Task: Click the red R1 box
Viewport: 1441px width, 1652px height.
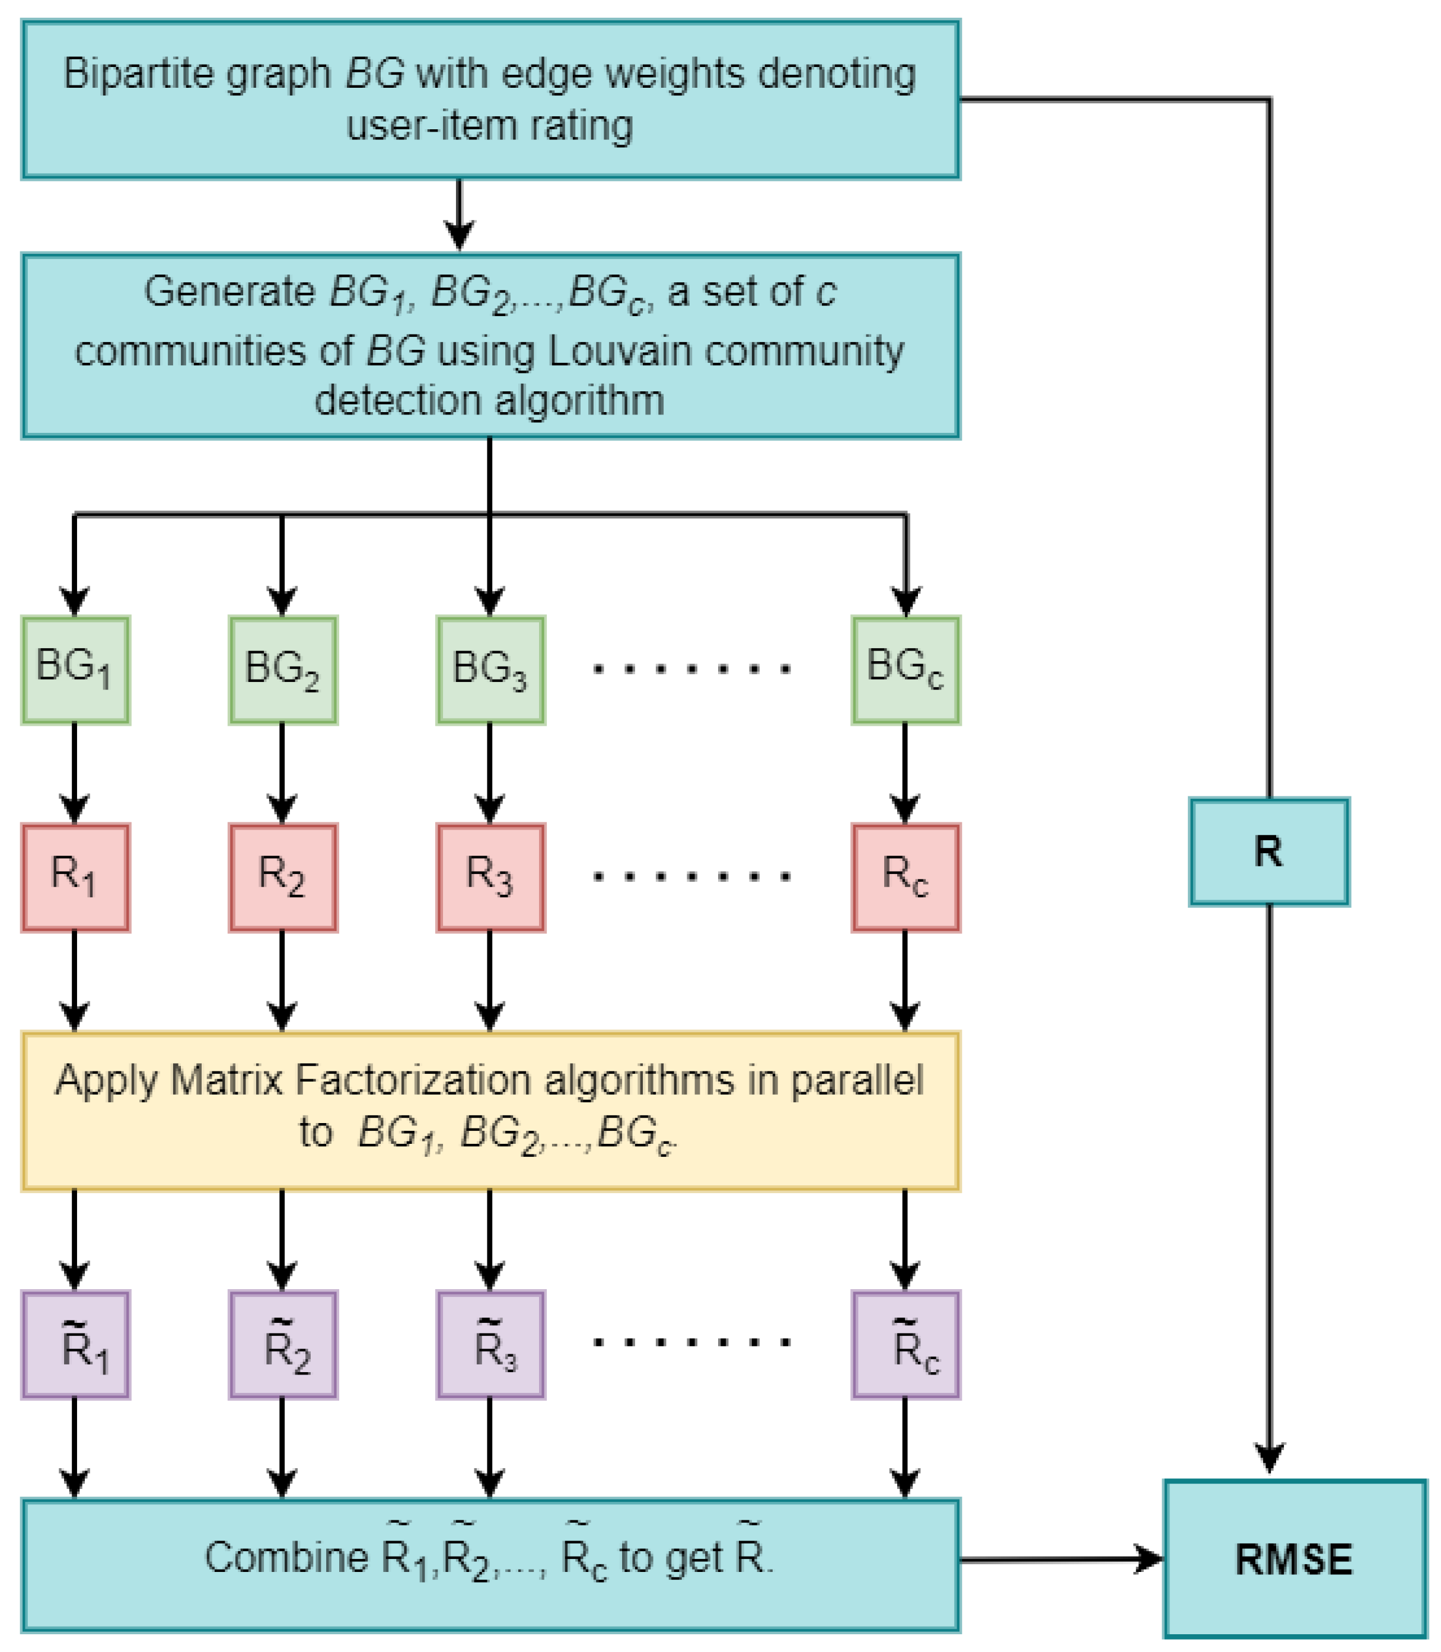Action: coord(75,877)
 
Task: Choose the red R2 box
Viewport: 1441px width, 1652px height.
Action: coord(282,877)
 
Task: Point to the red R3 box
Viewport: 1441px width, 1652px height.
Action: coord(490,877)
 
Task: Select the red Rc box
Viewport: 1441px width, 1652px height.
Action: coord(906,877)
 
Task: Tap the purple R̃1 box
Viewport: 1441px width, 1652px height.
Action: coord(75,1345)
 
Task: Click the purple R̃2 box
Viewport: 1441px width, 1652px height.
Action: coord(282,1345)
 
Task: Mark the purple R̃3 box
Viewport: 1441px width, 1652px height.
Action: coord(490,1345)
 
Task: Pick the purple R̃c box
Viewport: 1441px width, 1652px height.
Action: coord(906,1345)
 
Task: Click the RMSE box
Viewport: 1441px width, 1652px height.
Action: coord(1294,1559)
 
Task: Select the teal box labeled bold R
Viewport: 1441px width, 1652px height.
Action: coord(1269,851)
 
